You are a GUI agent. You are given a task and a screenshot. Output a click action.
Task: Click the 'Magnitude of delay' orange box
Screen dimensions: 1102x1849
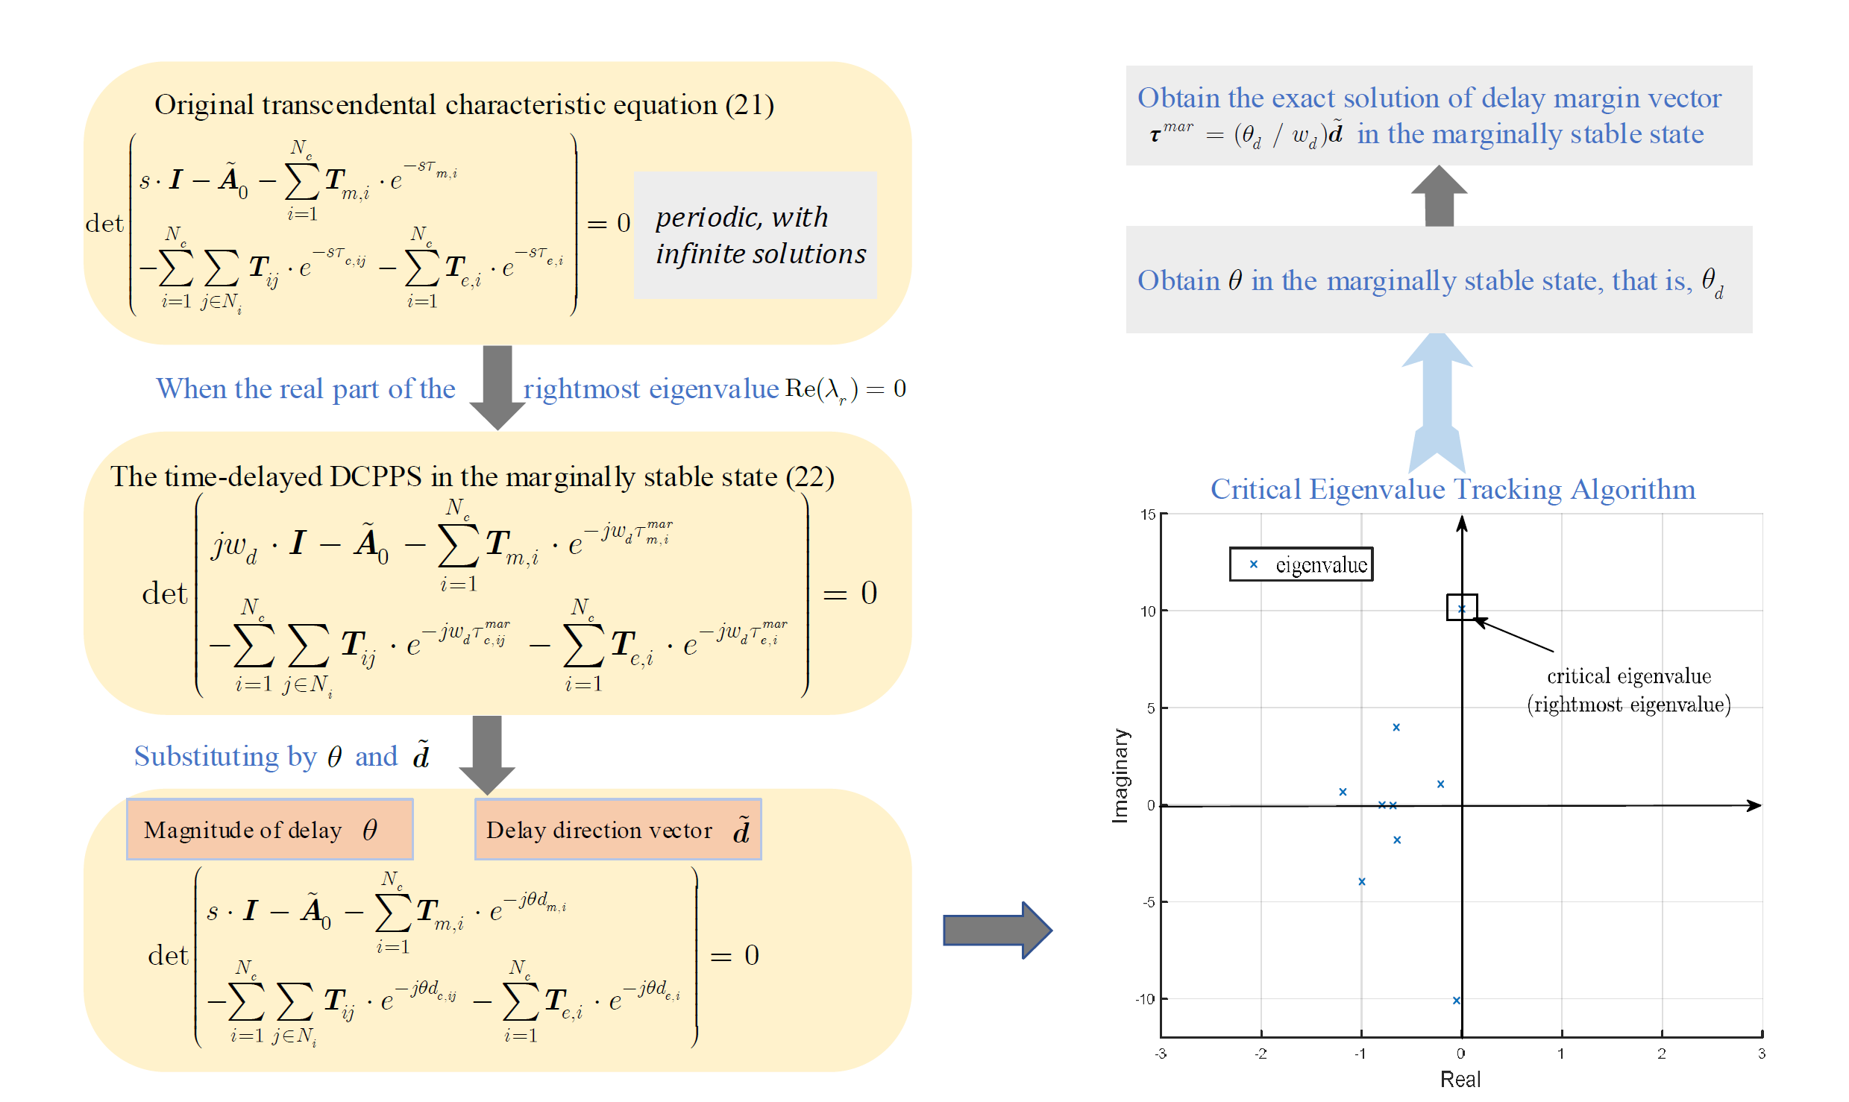click(269, 829)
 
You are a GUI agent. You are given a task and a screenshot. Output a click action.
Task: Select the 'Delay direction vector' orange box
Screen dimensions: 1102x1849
click(618, 829)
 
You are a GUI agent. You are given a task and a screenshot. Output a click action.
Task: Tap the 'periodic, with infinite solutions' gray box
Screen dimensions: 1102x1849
click(755, 236)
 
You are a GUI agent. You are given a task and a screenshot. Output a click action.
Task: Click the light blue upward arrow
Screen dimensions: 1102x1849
click(1437, 403)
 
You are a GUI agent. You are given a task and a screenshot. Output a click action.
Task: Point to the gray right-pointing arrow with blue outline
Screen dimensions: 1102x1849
click(997, 930)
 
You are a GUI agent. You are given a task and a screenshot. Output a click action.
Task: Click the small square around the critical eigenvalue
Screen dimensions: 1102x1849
click(1461, 607)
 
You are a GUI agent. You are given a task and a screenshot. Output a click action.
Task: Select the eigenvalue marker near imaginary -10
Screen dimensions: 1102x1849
click(1456, 1001)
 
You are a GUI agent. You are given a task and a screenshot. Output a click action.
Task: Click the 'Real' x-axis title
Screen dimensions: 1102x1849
click(1460, 1079)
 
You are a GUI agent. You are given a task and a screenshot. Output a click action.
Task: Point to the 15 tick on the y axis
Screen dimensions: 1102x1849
click(1147, 514)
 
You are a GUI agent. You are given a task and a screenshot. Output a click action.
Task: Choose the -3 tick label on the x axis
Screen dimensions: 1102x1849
click(1161, 1054)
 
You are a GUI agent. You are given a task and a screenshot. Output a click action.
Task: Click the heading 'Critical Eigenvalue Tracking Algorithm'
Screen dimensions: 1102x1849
click(1452, 489)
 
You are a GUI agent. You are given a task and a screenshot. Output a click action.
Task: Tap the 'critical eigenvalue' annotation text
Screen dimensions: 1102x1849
click(1628, 676)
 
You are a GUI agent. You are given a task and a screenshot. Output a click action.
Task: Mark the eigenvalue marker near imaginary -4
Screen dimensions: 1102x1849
click(1361, 881)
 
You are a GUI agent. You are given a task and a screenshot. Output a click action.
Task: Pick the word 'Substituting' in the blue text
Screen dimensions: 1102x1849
click(207, 756)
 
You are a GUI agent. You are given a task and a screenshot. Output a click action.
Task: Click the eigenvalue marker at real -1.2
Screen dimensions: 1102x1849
click(1343, 792)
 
